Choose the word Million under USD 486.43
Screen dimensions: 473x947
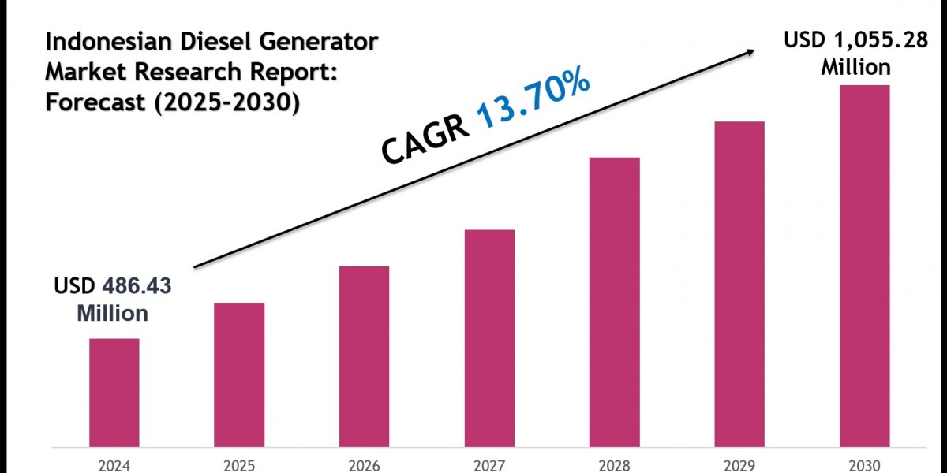pyautogui.click(x=112, y=313)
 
